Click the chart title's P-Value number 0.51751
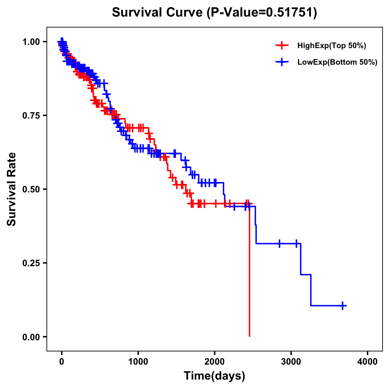[x=290, y=13]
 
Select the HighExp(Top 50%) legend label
[x=331, y=46]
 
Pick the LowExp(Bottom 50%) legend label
[x=337, y=62]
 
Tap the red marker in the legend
[x=282, y=46]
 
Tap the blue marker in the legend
[x=282, y=62]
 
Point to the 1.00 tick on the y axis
[x=31, y=42]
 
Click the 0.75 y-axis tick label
[x=31, y=116]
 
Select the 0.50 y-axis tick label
[x=31, y=189]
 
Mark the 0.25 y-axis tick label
[x=31, y=263]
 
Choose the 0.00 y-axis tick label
[x=31, y=337]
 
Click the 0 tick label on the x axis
[x=62, y=362]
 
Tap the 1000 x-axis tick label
[x=138, y=362]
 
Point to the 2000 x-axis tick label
[x=214, y=362]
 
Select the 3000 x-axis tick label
[x=291, y=362]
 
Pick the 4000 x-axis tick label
[x=368, y=362]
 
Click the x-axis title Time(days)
[x=214, y=376]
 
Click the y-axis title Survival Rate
[x=12, y=189]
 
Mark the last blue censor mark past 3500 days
[x=343, y=305]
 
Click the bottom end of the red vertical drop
[x=249, y=336]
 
